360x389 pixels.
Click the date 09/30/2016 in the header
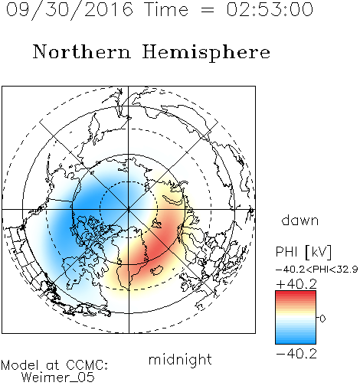70,10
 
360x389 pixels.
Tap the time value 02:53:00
270,9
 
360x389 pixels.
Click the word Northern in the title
82,51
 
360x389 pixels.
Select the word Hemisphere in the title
206,53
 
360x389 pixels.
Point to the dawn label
300,220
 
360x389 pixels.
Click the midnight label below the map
180,360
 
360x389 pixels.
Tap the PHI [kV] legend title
303,252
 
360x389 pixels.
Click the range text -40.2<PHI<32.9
317,270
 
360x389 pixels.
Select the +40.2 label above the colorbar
296,284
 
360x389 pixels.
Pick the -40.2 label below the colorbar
296,354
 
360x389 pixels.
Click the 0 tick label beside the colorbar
322,319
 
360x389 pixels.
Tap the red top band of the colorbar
296,293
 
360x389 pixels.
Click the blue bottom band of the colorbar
296,341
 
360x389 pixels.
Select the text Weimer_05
58,378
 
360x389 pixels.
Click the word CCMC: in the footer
87,365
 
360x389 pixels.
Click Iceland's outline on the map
157,270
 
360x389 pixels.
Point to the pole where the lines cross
129,210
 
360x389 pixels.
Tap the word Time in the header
166,9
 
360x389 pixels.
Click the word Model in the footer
20,365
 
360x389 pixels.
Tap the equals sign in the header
208,11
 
